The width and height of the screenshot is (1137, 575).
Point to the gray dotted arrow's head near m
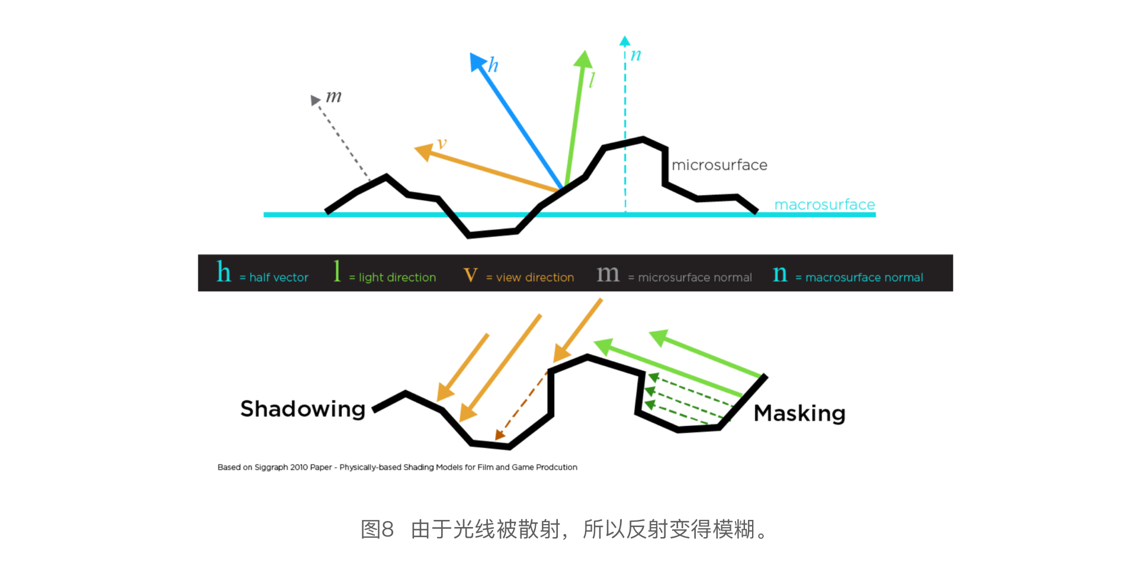[315, 100]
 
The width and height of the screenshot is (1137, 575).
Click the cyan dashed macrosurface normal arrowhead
[625, 41]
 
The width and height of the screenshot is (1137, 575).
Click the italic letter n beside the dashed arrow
[636, 55]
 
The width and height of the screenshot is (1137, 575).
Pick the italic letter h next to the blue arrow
[493, 65]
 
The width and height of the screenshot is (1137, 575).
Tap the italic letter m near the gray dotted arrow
[334, 96]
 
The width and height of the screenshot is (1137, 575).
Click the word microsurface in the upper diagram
[719, 165]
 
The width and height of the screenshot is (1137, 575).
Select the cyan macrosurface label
[824, 205]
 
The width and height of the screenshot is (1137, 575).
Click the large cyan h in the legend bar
[224, 272]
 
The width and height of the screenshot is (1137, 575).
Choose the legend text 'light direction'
[397, 278]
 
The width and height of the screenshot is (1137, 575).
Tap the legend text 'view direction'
[535, 278]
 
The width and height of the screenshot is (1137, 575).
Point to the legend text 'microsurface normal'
[695, 278]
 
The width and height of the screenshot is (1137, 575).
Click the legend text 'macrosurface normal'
[864, 278]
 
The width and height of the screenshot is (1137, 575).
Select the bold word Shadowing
[303, 409]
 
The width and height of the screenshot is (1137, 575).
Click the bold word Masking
[799, 413]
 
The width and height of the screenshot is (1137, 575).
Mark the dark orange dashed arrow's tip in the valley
[499, 436]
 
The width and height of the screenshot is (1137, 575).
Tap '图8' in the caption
[377, 529]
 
